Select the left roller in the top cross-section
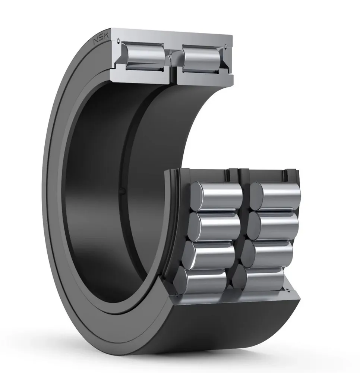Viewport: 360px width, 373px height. [145, 56]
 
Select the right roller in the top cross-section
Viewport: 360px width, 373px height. [201, 59]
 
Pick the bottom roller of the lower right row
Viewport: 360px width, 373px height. [258, 279]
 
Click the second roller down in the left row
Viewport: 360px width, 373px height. [214, 226]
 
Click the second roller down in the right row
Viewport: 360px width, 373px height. [272, 225]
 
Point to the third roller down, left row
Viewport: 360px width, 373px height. [209, 254]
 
